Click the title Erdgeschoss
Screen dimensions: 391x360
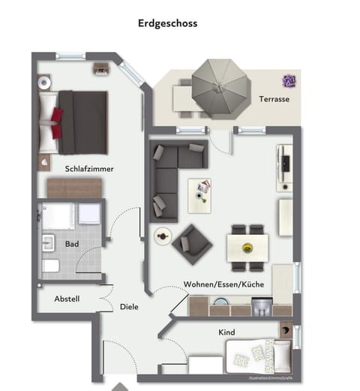(167, 23)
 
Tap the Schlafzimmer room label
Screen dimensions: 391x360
(89, 169)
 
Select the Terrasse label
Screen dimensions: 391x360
(274, 99)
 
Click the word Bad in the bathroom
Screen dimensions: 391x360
(72, 245)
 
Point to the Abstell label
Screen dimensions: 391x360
(67, 299)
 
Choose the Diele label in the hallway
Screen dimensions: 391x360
(129, 306)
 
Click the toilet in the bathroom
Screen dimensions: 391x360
(49, 266)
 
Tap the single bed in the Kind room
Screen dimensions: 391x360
(258, 352)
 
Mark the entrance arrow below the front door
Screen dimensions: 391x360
(119, 386)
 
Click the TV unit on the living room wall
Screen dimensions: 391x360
(284, 167)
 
